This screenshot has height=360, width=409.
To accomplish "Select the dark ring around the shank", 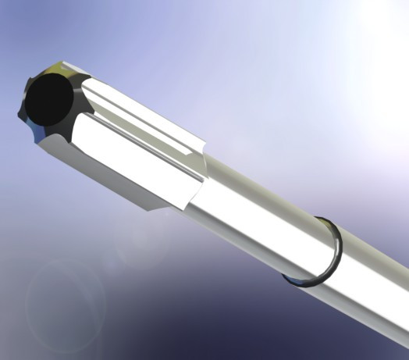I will tap(334, 250).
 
